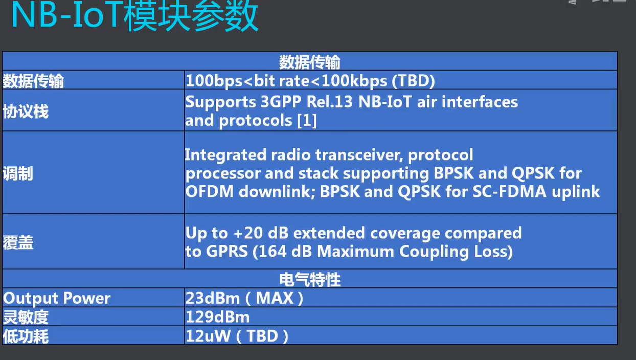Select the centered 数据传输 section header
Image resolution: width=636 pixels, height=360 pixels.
(310, 62)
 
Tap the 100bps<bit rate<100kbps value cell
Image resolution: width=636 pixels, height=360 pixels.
(310, 81)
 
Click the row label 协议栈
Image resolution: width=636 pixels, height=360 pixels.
(26, 111)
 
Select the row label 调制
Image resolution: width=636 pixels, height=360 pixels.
(18, 173)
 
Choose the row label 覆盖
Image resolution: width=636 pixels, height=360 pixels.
(18, 243)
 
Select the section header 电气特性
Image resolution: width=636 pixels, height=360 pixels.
(310, 279)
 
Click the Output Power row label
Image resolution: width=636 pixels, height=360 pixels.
(57, 298)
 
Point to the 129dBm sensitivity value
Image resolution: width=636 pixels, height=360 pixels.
(218, 317)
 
